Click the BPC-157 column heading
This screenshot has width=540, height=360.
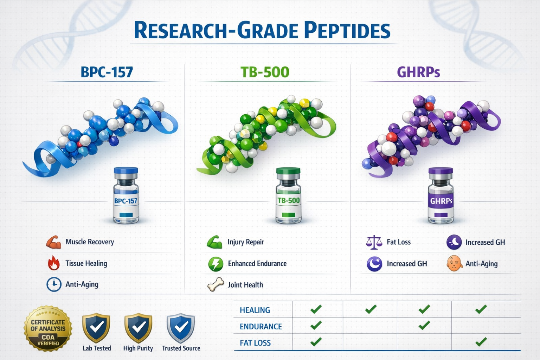click(x=107, y=72)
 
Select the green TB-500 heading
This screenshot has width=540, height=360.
click(x=265, y=72)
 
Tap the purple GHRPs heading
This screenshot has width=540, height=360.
click(x=418, y=72)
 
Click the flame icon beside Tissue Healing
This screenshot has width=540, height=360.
click(x=53, y=263)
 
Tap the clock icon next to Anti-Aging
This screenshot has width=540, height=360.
click(x=54, y=284)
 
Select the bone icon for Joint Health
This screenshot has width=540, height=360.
click(x=216, y=284)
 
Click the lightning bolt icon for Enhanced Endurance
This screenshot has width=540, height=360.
click(x=216, y=264)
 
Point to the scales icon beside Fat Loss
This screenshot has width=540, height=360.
click(x=374, y=242)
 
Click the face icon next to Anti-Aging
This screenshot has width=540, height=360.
click(x=454, y=263)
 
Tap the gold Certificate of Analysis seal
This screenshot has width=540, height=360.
click(x=48, y=328)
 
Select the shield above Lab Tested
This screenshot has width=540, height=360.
click(x=96, y=328)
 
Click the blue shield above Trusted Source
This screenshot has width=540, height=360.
click(x=181, y=328)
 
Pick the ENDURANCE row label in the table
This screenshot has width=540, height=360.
click(x=261, y=327)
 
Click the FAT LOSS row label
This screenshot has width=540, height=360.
click(x=255, y=343)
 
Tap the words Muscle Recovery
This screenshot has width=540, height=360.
click(x=90, y=242)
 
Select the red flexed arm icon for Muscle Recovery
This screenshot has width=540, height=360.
click(x=54, y=242)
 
